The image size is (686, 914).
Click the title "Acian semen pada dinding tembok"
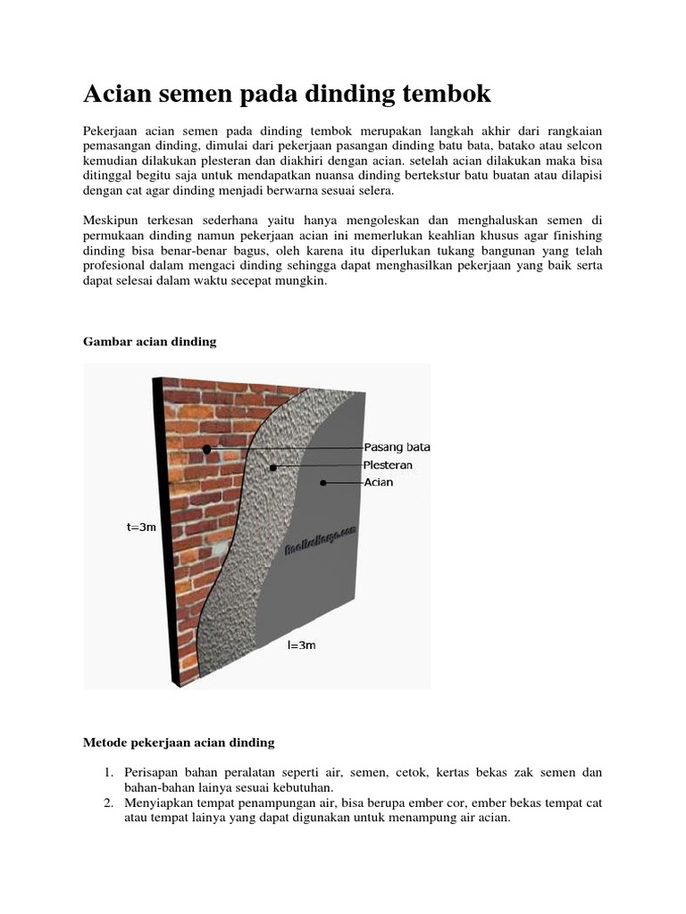click(287, 94)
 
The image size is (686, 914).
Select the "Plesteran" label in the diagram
click(389, 465)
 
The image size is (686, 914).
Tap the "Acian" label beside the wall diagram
click(378, 483)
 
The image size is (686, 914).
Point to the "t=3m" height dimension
click(140, 527)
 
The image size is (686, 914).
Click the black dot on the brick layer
click(207, 449)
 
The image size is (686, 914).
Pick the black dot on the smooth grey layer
click(323, 483)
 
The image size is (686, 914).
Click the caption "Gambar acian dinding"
click(150, 342)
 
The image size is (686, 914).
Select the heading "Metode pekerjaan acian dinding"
click(179, 742)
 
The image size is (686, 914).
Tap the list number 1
click(107, 771)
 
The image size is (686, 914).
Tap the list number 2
click(107, 803)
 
